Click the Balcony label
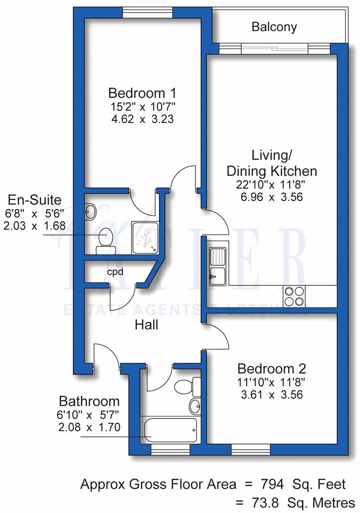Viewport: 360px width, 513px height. (x=274, y=27)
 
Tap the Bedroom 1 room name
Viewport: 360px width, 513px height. (x=142, y=93)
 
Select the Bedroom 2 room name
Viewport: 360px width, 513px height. (x=271, y=369)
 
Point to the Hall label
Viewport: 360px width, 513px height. (x=147, y=325)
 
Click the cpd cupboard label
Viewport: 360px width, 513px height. (x=115, y=272)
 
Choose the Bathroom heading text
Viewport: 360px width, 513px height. (x=88, y=401)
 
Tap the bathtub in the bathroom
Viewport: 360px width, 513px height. (x=169, y=429)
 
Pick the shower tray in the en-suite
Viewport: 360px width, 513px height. (x=145, y=238)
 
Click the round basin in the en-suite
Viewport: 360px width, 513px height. (x=90, y=212)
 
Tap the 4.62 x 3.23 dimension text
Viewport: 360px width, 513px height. (x=142, y=118)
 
